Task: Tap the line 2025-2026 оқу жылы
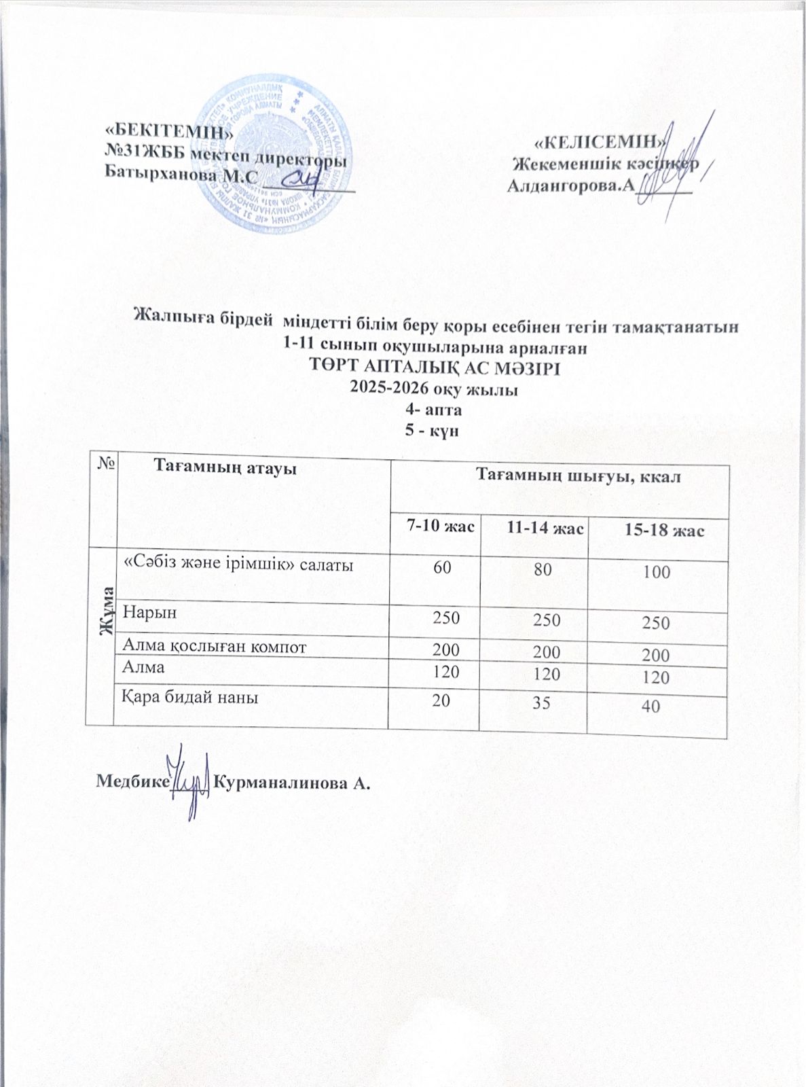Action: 434,390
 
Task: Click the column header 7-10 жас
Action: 435,527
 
